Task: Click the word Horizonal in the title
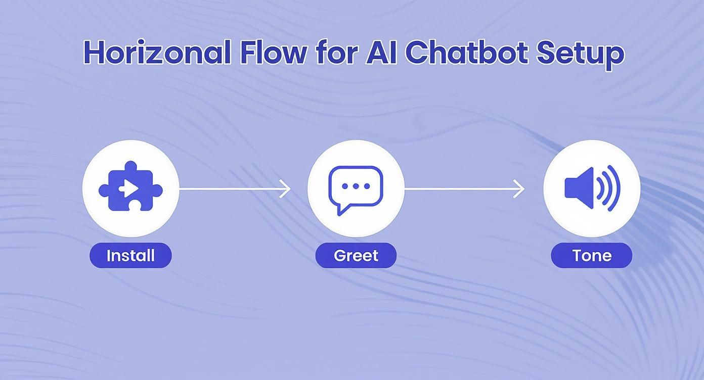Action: point(158,52)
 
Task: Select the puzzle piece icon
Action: point(131,186)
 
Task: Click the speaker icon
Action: point(592,188)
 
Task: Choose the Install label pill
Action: point(131,255)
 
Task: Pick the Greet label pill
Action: point(356,255)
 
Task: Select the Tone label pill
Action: point(592,255)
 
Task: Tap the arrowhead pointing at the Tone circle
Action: point(520,189)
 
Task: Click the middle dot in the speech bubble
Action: point(356,186)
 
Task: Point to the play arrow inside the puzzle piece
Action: point(129,189)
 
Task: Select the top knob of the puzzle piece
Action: point(131,166)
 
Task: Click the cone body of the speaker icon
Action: point(579,188)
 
